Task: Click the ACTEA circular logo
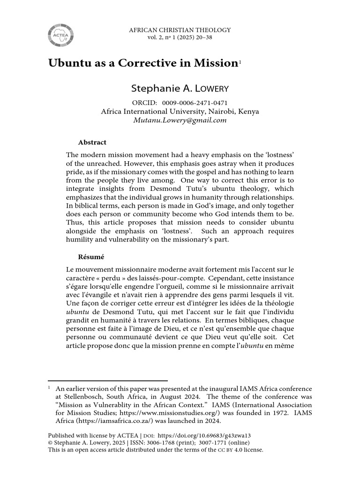click(60, 35)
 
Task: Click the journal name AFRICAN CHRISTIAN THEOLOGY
click(180, 30)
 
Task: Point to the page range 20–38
click(203, 37)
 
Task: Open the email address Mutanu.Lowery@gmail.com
click(180, 120)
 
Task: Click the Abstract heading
click(92, 142)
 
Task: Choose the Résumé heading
click(90, 257)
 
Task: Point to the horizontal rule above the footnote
click(108, 381)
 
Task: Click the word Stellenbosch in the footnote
click(82, 397)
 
